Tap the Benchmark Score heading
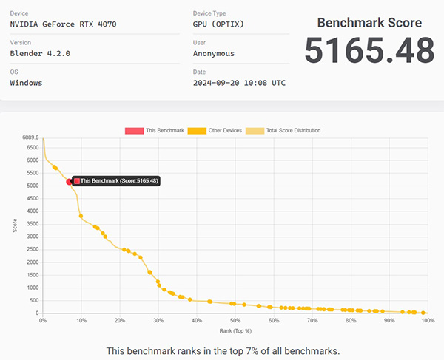click(x=369, y=22)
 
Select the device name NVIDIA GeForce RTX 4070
click(x=63, y=24)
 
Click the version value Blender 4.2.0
click(x=41, y=53)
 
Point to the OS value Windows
click(x=26, y=82)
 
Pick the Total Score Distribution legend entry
click(x=287, y=130)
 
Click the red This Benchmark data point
click(x=70, y=181)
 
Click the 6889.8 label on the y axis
click(x=29, y=138)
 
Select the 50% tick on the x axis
click(x=235, y=321)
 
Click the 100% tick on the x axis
click(x=427, y=321)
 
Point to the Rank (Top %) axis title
click(x=235, y=330)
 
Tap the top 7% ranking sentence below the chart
click(x=222, y=350)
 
